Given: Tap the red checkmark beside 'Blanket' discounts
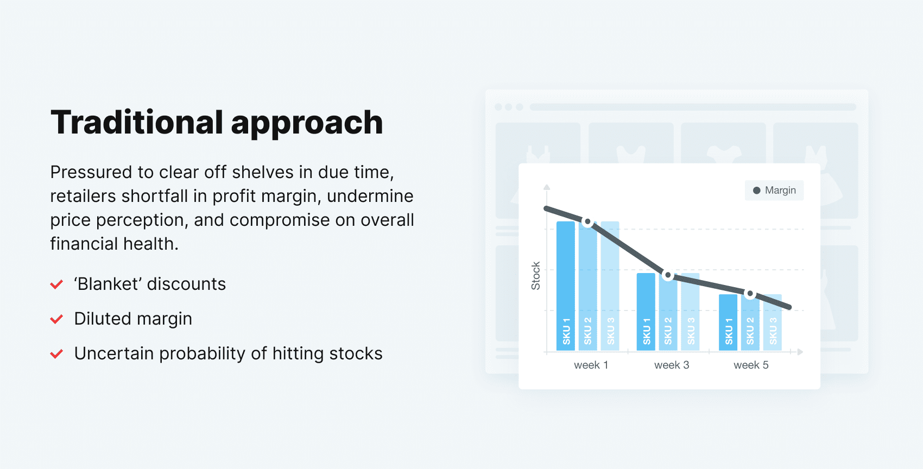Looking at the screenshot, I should point(56,284).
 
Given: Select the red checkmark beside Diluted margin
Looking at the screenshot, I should point(56,319).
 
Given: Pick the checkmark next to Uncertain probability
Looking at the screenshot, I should point(56,354).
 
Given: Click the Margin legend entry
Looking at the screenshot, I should point(774,191).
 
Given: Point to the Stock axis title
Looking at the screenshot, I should point(536,276).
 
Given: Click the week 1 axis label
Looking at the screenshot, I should point(591,365).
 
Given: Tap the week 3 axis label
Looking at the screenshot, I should point(672,365).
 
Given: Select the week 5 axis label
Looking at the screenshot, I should point(751,365).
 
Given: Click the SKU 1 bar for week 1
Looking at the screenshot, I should point(566,285).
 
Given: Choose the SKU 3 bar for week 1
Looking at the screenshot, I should point(610,285).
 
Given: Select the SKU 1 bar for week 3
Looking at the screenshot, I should point(646,311).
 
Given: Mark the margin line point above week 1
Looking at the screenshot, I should point(587,222).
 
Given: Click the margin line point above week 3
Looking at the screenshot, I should point(668,275).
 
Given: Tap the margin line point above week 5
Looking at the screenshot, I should point(750,294).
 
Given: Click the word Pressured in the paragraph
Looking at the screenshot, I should point(91,172).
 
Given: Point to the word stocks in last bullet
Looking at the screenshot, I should point(356,353).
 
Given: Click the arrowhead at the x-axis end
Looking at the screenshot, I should point(800,352).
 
